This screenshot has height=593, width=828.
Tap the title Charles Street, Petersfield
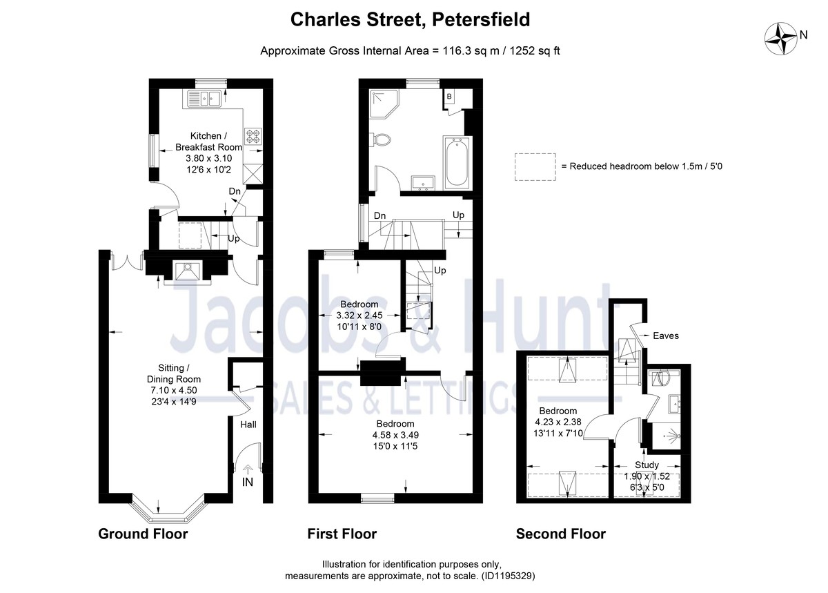pyautogui.click(x=410, y=19)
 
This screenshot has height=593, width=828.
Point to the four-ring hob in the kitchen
pyautogui.click(x=250, y=135)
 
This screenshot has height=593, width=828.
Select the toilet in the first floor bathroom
pyautogui.click(x=381, y=140)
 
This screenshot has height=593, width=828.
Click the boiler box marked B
pyautogui.click(x=449, y=97)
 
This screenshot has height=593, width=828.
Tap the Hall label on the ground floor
pyautogui.click(x=248, y=425)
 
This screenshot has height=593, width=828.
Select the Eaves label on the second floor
pyautogui.click(x=667, y=336)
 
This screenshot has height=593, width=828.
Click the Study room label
pyautogui.click(x=647, y=465)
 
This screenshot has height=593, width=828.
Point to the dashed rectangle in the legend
pyautogui.click(x=535, y=166)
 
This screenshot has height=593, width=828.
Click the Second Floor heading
pyautogui.click(x=561, y=534)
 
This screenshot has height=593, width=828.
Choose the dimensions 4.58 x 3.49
pyautogui.click(x=395, y=435)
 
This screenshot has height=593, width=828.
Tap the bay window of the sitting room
pyautogui.click(x=167, y=509)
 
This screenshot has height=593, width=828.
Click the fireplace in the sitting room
pyautogui.click(x=186, y=273)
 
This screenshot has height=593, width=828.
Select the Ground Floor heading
pyautogui.click(x=143, y=534)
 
